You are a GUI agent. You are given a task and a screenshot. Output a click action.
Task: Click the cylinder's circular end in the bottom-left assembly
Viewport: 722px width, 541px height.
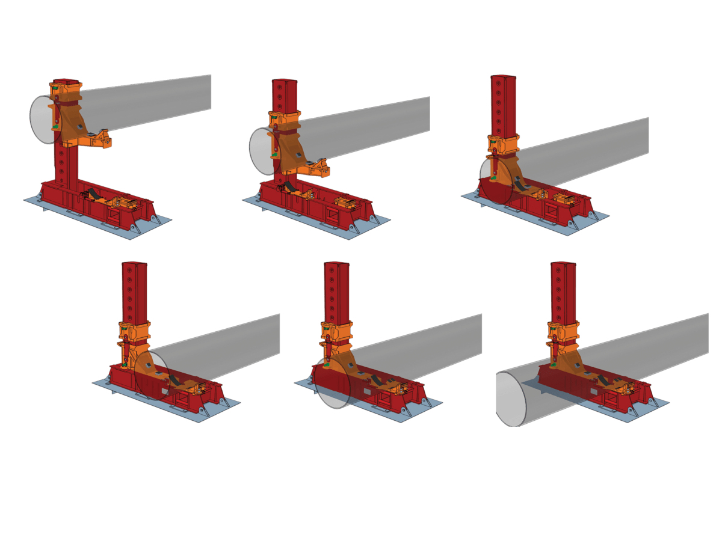pyautogui.click(x=151, y=376)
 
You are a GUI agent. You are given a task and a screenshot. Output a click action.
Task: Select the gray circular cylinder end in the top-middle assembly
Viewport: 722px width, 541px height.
pyautogui.click(x=261, y=150)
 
